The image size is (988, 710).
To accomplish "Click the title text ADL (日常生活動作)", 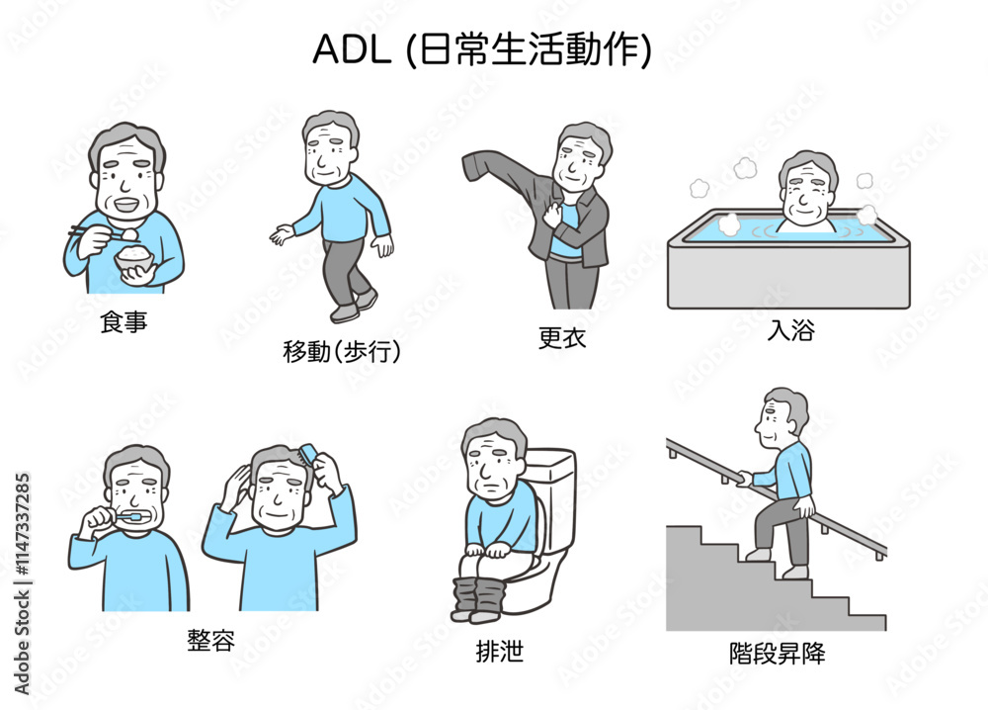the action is [x=482, y=49].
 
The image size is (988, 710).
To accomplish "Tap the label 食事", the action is [x=123, y=321].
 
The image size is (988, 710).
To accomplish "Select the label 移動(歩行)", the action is [x=341, y=351].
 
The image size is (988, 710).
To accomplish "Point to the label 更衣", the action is [x=562, y=338].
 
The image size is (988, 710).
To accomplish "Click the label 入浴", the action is [x=790, y=329].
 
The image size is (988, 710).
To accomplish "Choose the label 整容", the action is [x=211, y=640].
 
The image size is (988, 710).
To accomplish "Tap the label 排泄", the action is [x=500, y=651].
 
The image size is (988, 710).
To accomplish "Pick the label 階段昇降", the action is [x=777, y=653].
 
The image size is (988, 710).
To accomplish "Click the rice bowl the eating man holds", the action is [x=134, y=257].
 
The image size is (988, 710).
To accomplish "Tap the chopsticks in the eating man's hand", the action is [x=96, y=234].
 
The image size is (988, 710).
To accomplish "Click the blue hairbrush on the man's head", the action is [x=308, y=455].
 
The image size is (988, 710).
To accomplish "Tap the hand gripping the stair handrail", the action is [x=745, y=480].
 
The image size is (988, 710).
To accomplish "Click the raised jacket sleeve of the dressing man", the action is [x=498, y=171].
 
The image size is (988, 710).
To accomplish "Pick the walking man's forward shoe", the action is [x=345, y=313].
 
